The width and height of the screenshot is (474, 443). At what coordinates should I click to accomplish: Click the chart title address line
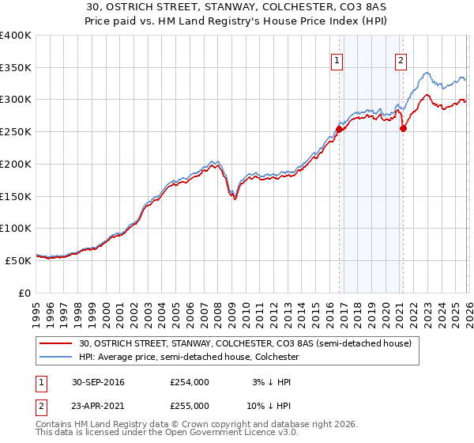[x=237, y=6]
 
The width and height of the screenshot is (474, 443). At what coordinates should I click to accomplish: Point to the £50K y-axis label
[x=18, y=259]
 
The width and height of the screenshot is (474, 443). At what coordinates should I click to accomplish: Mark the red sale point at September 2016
[x=339, y=129]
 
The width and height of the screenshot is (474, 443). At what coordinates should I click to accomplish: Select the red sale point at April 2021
[x=403, y=128]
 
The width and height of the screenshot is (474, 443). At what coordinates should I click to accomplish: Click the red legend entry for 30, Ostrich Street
[x=245, y=343]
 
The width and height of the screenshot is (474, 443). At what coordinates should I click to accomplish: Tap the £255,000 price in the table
[x=190, y=405]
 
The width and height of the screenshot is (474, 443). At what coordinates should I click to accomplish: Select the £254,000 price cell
[x=190, y=382]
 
